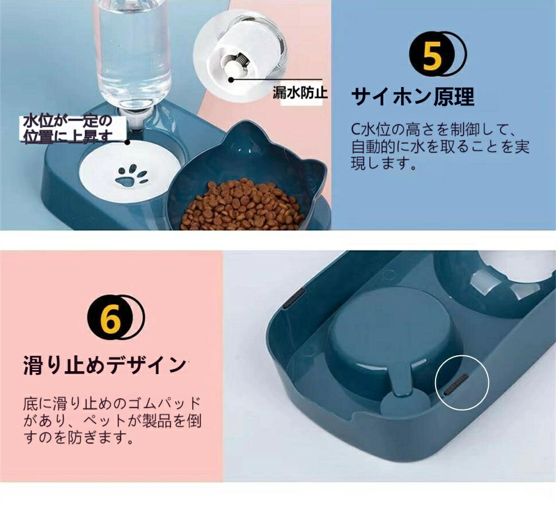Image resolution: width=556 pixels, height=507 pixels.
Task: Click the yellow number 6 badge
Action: click(111, 316)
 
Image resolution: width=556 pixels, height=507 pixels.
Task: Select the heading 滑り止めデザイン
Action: click(104, 365)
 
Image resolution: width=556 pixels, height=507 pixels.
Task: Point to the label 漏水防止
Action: click(300, 92)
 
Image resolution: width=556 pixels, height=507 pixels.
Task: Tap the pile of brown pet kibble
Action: click(242, 205)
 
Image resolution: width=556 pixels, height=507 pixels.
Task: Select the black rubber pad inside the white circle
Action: click(456, 384)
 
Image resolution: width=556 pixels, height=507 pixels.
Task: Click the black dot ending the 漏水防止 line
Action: click(231, 80)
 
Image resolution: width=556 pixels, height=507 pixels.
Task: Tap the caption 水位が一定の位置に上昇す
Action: click(68, 129)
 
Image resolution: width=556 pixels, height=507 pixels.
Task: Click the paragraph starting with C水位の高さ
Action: click(440, 146)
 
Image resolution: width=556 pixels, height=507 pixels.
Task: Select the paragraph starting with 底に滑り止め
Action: click(112, 420)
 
